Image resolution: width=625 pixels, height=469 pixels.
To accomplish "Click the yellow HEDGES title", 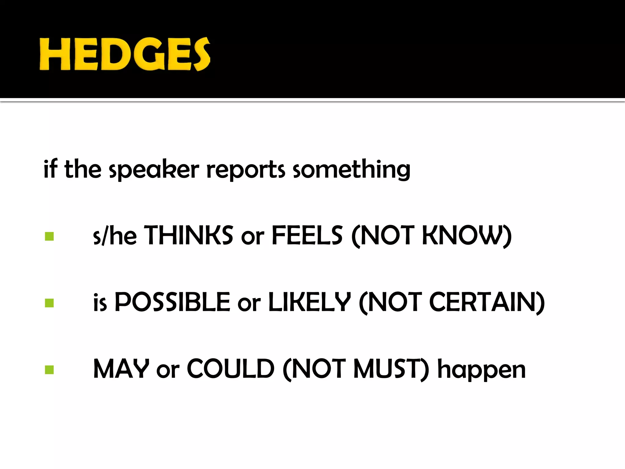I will [125, 54].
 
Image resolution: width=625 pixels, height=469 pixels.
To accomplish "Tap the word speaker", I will [154, 170].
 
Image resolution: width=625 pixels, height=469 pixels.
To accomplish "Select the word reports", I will [246, 170].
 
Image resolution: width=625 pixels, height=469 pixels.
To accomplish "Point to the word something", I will [351, 170].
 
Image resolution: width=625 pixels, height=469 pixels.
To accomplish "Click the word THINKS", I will [189, 235].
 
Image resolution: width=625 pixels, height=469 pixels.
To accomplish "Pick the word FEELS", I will [307, 235].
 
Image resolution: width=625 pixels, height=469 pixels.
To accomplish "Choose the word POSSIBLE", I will [172, 302].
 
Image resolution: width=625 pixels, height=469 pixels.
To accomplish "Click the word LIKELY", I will [309, 302].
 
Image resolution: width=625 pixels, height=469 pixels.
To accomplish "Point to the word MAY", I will [121, 369].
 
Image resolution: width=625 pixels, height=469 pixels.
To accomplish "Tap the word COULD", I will [230, 369].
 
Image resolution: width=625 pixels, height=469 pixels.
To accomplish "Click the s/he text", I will [115, 236].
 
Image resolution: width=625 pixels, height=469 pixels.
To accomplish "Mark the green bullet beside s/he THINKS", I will [49, 236].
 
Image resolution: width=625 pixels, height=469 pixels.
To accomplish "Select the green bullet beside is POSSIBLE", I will [49, 303].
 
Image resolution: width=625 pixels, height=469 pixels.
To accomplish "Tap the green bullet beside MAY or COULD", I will [49, 370].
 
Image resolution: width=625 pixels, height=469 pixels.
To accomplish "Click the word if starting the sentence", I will [50, 169].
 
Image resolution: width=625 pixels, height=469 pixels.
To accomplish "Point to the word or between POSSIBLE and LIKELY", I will [249, 304].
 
